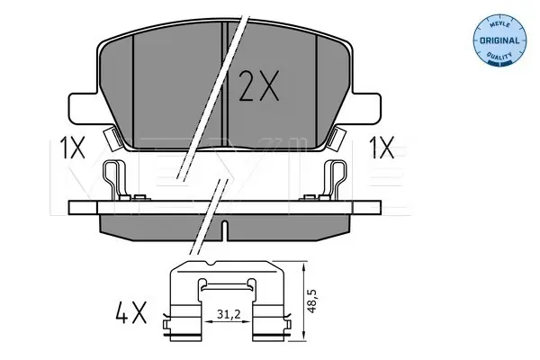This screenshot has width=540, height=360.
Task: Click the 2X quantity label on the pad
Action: coord(258,86)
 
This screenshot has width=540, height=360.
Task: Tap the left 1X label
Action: coord(72,148)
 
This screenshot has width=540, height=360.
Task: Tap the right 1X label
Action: coord(382,148)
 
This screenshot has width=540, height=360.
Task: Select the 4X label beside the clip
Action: coord(130,311)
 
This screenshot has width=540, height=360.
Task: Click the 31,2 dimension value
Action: coord(229,314)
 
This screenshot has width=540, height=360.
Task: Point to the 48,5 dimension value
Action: coord(312,301)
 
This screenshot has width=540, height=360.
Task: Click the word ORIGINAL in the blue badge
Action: coord(499,40)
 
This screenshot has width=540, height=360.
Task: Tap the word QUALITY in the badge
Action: coord(499,55)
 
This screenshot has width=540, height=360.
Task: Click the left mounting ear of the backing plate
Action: coord(83,108)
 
